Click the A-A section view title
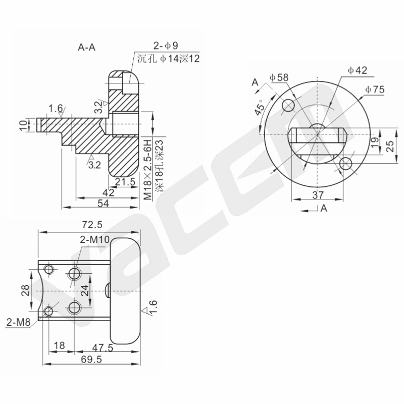(x=86, y=47)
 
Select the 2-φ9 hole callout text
(x=166, y=45)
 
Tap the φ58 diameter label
(x=279, y=77)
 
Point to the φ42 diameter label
(x=358, y=70)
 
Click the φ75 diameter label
(x=375, y=89)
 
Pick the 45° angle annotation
(x=260, y=107)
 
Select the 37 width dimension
(x=318, y=195)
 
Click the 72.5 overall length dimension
(x=92, y=225)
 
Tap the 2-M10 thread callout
(x=94, y=239)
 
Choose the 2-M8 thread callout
(x=18, y=322)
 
